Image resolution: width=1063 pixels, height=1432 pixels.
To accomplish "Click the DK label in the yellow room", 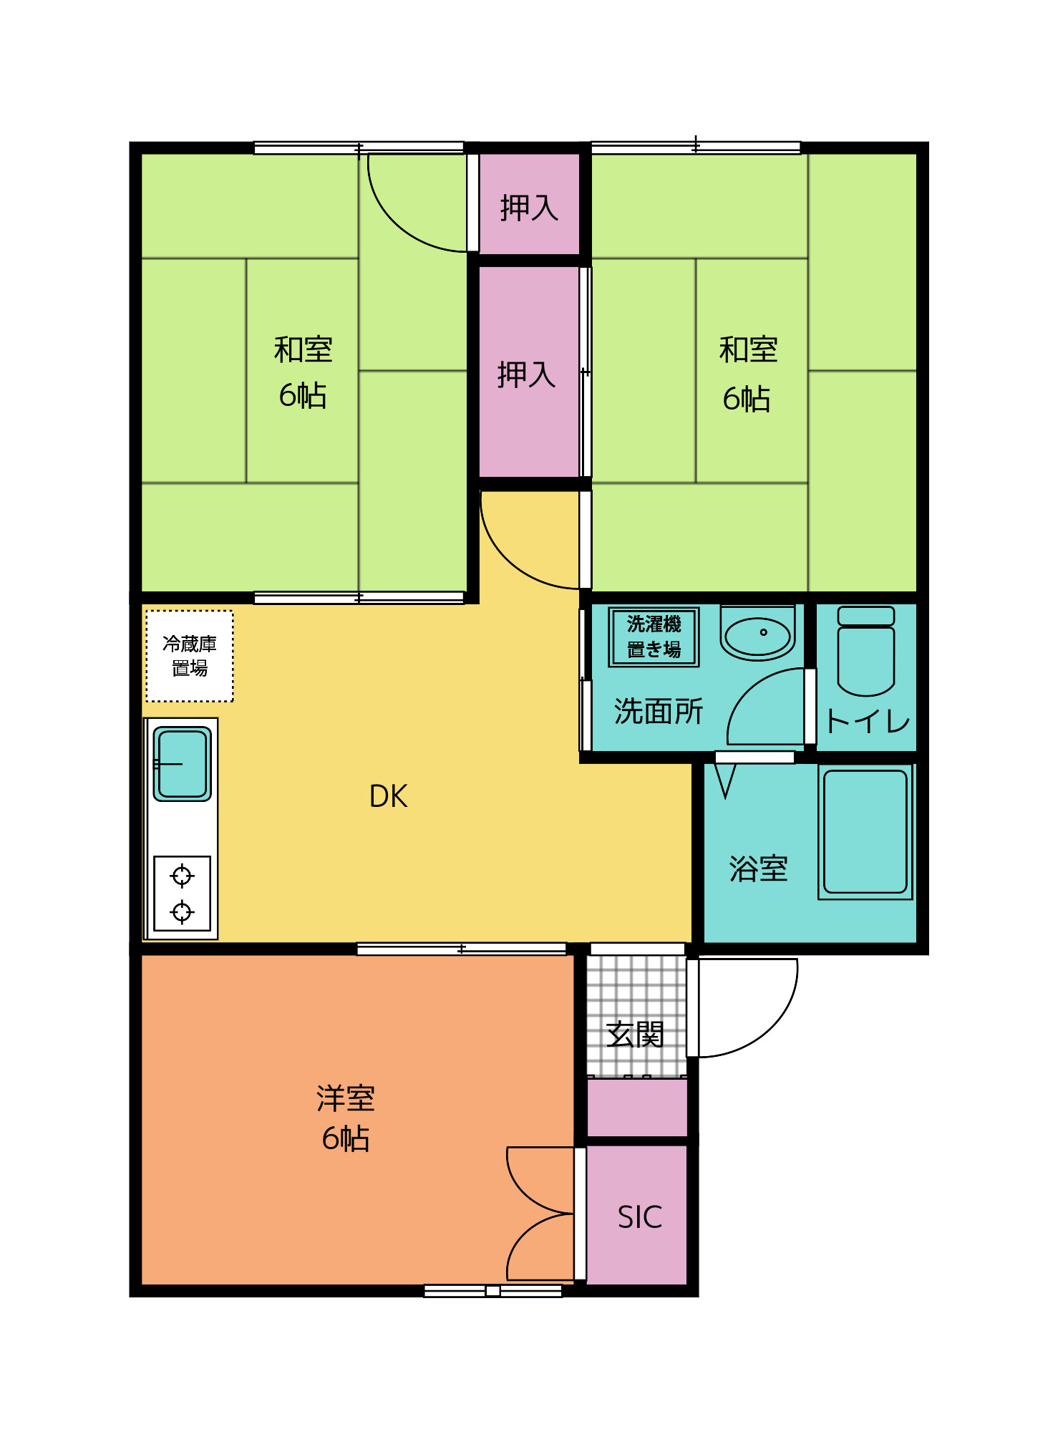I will click(388, 796).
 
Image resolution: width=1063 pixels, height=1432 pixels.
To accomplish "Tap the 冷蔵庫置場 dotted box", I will click(190, 656).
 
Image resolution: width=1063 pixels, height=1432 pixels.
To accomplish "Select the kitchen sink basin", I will click(183, 763).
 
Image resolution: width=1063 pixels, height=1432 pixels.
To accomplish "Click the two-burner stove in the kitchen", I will click(182, 894).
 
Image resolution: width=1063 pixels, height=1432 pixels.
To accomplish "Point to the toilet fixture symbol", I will click(865, 652).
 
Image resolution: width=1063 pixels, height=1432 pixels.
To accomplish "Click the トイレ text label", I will click(867, 721).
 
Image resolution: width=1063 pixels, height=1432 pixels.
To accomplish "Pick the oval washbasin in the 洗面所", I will click(757, 634).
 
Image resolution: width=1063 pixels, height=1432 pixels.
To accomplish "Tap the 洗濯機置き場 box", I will click(654, 637).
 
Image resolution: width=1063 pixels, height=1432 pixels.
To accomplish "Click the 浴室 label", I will click(758, 869).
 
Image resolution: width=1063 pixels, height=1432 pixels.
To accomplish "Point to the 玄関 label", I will click(635, 1035).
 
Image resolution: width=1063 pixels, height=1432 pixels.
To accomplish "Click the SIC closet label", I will click(639, 1217).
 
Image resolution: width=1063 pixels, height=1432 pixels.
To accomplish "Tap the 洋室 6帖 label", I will click(346, 1118).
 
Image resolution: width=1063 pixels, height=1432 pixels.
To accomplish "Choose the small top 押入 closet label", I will click(529, 208).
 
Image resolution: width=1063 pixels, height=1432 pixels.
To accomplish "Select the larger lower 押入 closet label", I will click(527, 374).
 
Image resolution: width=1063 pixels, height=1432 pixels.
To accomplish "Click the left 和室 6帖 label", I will click(303, 372).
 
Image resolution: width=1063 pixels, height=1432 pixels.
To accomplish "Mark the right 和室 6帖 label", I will click(748, 374).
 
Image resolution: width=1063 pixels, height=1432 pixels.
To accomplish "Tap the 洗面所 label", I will click(659, 712).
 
